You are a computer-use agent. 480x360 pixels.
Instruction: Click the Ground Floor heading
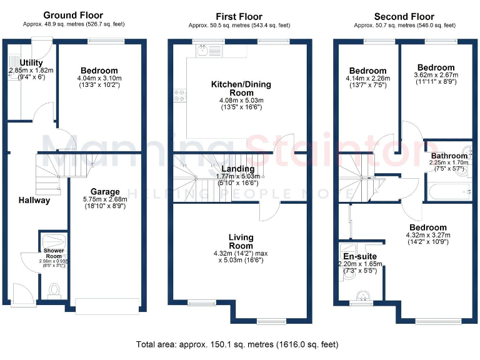73,16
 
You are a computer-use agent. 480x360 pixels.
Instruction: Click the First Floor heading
239,16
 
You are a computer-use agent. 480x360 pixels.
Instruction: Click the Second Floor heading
404,16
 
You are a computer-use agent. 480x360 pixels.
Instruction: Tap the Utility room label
31,63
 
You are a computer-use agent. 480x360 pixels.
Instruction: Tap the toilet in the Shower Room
54,290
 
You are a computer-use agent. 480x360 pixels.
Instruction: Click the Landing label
238,169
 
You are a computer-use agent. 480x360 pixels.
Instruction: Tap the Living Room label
241,241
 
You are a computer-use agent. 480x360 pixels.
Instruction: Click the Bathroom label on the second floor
447,156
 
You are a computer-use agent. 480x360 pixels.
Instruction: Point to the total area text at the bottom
237,344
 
